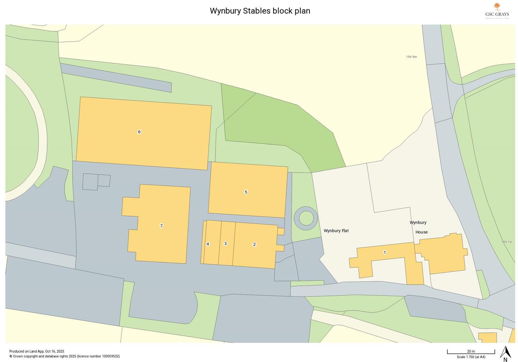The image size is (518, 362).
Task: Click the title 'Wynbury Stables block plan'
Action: click(x=260, y=11)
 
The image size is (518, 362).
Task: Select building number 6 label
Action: click(x=139, y=132)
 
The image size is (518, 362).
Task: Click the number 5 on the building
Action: click(x=246, y=192)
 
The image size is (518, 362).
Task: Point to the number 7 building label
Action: click(x=161, y=226)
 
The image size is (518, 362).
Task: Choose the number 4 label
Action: click(x=208, y=244)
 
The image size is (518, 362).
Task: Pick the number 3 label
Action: click(x=225, y=244)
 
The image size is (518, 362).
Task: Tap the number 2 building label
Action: click(x=254, y=244)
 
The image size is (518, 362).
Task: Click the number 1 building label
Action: click(x=384, y=252)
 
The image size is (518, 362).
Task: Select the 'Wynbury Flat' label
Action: click(x=336, y=231)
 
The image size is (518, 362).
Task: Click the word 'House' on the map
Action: click(x=421, y=232)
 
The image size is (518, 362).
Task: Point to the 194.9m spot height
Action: click(x=411, y=57)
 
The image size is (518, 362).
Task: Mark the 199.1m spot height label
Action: click(x=507, y=242)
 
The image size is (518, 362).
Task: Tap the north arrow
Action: click(x=505, y=353)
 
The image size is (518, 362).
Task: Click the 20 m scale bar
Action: click(x=471, y=352)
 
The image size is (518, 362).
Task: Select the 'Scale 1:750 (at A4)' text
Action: click(x=471, y=357)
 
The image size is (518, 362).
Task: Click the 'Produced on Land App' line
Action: click(x=36, y=351)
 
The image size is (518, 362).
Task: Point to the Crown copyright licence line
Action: click(x=64, y=356)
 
